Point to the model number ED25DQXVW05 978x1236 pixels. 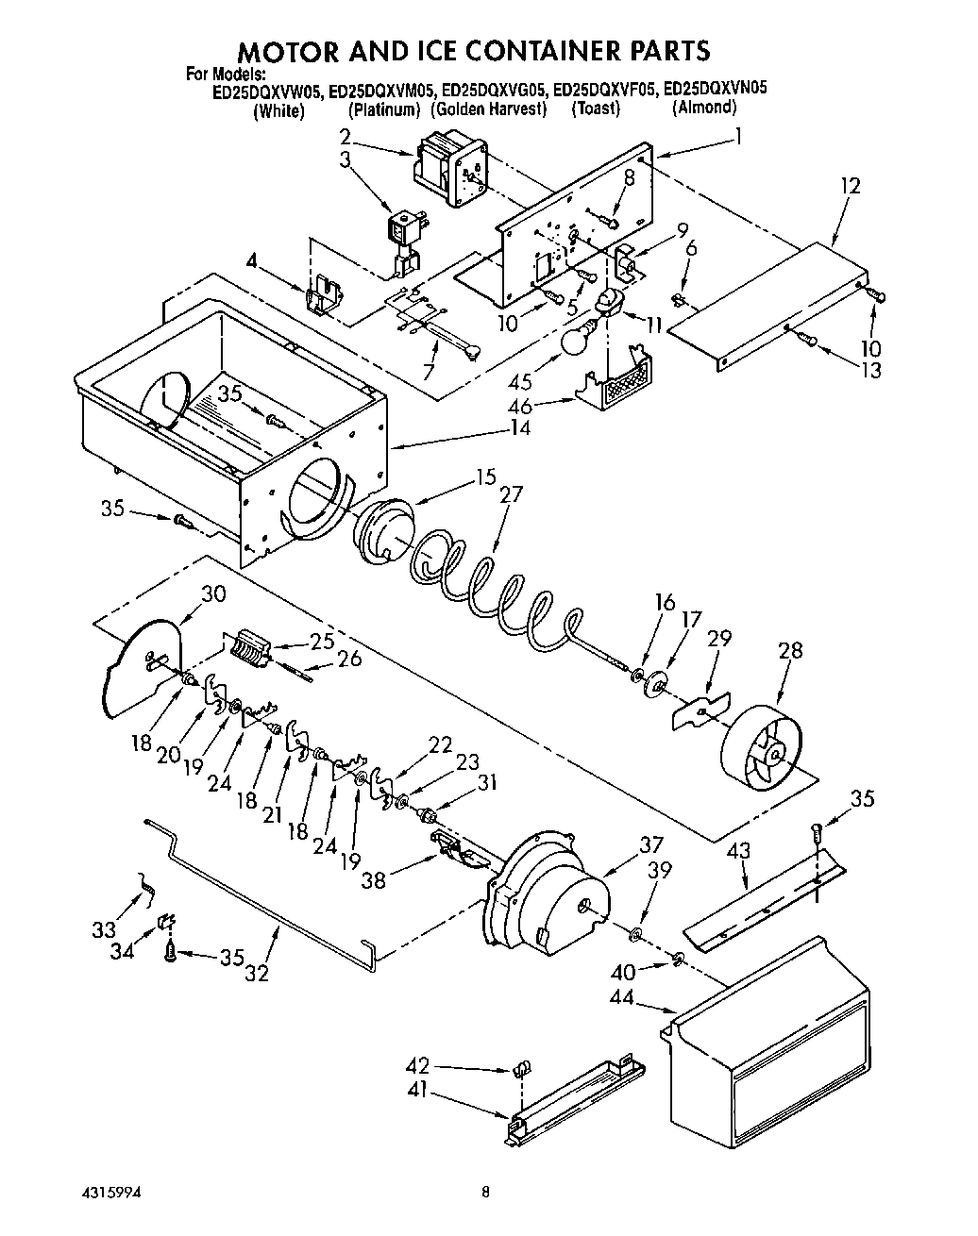tap(268, 91)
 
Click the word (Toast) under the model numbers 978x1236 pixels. tap(596, 109)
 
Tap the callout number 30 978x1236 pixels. tap(214, 593)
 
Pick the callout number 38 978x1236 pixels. tap(374, 879)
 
